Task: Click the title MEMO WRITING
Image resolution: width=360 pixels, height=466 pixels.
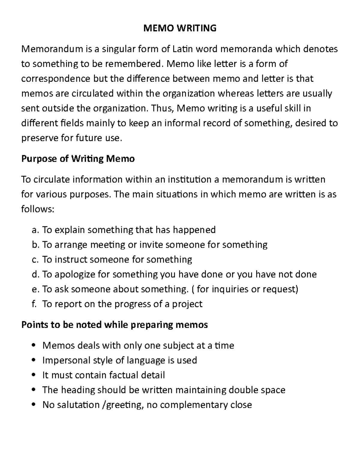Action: [x=180, y=28]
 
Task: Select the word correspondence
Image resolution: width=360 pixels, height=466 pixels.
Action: [x=55, y=79]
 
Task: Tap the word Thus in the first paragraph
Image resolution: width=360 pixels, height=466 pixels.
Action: [x=161, y=108]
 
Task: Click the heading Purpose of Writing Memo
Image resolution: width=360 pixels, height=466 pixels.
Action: [x=78, y=158]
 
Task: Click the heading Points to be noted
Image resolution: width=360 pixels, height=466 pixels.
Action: [x=114, y=325]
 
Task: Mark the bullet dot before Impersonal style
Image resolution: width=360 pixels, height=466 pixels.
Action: [x=34, y=360]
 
